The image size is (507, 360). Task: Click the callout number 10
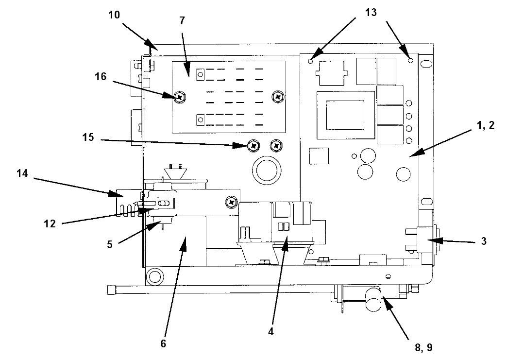(x=114, y=15)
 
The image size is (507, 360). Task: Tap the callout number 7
(x=183, y=21)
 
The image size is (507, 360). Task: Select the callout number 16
(x=101, y=77)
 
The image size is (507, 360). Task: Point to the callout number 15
(x=88, y=137)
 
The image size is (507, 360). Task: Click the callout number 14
(x=22, y=173)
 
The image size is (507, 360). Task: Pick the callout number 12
(x=50, y=224)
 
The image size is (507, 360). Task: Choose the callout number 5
(x=110, y=244)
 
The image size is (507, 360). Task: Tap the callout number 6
(x=163, y=343)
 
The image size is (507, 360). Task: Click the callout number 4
(x=271, y=332)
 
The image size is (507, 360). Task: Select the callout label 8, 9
(x=423, y=348)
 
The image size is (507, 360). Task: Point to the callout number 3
(x=484, y=241)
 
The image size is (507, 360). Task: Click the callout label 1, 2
(x=485, y=125)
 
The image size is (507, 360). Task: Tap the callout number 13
(x=371, y=12)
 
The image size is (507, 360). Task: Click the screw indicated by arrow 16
(x=180, y=96)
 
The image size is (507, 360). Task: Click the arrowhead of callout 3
(x=432, y=240)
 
